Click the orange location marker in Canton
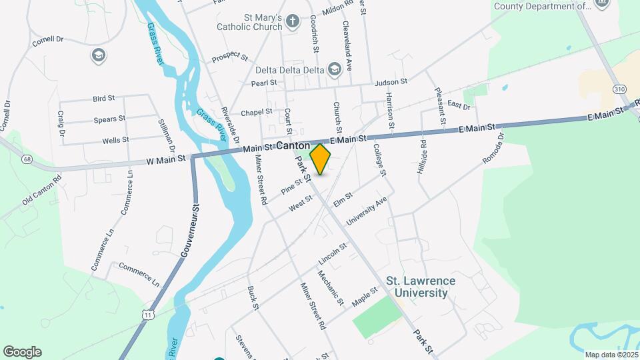pos(321,159)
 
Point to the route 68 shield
pos(27,159)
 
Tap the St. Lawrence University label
pos(421,287)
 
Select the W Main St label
pos(167,161)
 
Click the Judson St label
pos(391,82)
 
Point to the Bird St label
pos(104,98)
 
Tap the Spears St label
pos(110,119)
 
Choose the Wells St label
pos(115,141)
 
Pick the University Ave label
pos(367,210)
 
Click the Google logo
pos(22,351)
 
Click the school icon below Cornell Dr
pos(99,55)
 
